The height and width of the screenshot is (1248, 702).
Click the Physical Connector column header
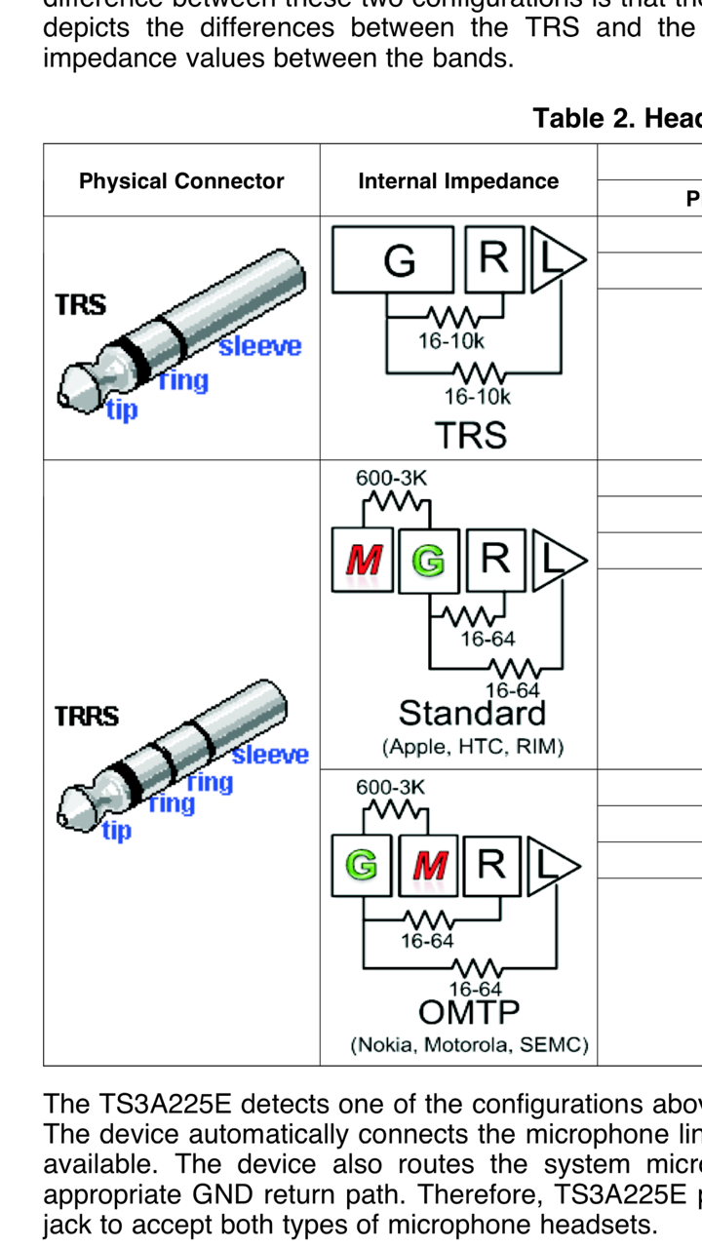pos(181,181)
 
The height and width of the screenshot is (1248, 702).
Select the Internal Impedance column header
pos(458,181)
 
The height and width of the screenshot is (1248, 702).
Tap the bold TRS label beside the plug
pos(81,304)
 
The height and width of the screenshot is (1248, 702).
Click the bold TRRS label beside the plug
pos(87,717)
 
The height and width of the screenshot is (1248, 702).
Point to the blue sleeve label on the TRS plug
pos(259,346)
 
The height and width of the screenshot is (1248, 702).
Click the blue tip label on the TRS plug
pos(122,410)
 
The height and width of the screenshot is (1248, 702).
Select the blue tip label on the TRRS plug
pos(117,832)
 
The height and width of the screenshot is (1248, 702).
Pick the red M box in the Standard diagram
pos(363,561)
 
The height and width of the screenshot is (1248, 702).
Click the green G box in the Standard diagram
pos(428,561)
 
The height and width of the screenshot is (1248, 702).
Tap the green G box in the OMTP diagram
pos(363,866)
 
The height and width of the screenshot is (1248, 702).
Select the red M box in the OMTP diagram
pos(429,866)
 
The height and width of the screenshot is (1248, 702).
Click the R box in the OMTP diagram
pos(492,866)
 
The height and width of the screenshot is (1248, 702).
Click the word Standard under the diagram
pos(472,714)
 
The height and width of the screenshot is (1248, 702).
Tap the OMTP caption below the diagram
pos(469,1012)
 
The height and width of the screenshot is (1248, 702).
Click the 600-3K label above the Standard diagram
pos(392,479)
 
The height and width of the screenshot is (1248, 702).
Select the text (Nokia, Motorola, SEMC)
pos(469,1046)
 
